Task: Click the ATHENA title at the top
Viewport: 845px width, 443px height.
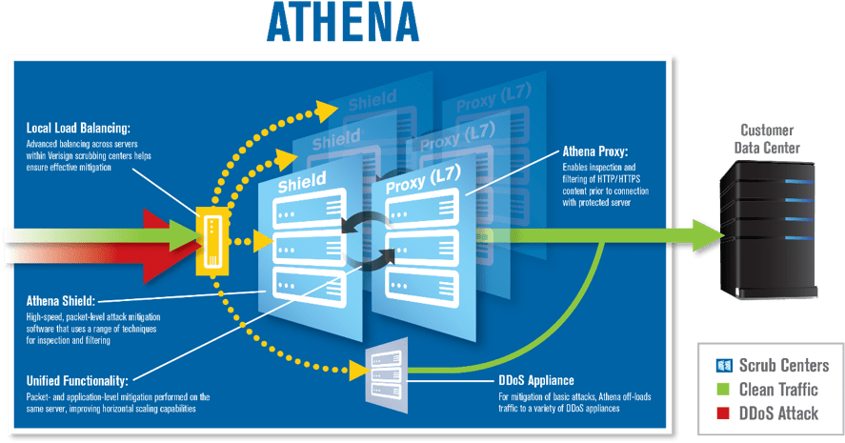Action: pos(342,25)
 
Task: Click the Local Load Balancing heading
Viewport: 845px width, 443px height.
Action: pos(79,128)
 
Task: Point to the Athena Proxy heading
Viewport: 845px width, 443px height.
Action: pos(594,151)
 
